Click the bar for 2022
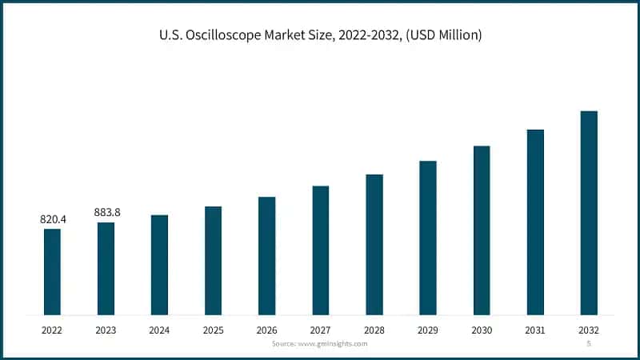[x=52, y=271]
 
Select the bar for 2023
[x=106, y=268]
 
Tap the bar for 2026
[x=266, y=255]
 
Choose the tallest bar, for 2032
[x=589, y=212]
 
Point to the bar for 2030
[x=482, y=230]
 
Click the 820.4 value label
[x=52, y=218]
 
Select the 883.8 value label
[x=106, y=212]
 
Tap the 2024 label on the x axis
[x=159, y=329]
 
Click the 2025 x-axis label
[x=213, y=329]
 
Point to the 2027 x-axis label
[x=320, y=329]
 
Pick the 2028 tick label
[x=374, y=329]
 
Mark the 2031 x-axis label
[x=535, y=329]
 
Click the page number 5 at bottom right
[x=589, y=343]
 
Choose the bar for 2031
[x=535, y=222]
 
